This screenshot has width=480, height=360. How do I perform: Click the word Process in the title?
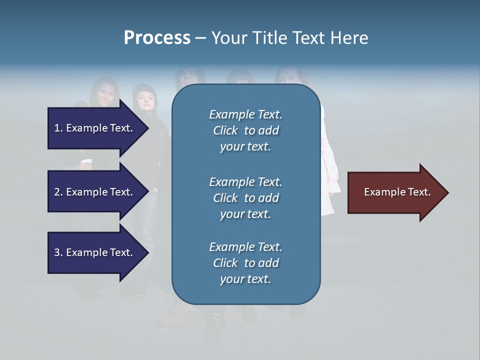157,38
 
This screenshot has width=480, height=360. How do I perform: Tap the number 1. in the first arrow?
58,128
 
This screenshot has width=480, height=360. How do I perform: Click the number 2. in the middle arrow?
58,192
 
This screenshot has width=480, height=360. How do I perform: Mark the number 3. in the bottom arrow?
58,252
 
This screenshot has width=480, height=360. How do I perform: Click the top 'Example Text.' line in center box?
245,114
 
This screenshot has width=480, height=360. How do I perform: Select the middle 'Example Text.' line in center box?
245,182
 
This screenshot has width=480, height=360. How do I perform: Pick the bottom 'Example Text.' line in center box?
245,247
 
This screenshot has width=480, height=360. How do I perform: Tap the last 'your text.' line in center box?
245,279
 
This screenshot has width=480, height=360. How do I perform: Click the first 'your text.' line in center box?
245,147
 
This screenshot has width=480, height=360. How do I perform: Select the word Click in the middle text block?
225,198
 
